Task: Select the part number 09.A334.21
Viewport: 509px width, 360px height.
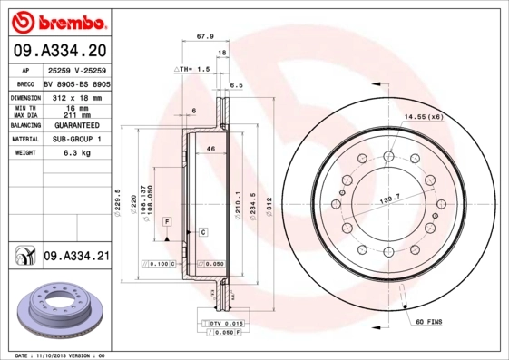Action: coord(75,258)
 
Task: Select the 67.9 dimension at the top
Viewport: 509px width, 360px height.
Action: coord(205,37)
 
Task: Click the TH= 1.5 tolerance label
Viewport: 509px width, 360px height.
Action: coord(192,69)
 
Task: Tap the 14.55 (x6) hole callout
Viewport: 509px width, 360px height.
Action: coord(424,117)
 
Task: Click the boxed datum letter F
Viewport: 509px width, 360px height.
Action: coord(168,222)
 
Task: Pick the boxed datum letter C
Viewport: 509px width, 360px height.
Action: coord(203,232)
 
